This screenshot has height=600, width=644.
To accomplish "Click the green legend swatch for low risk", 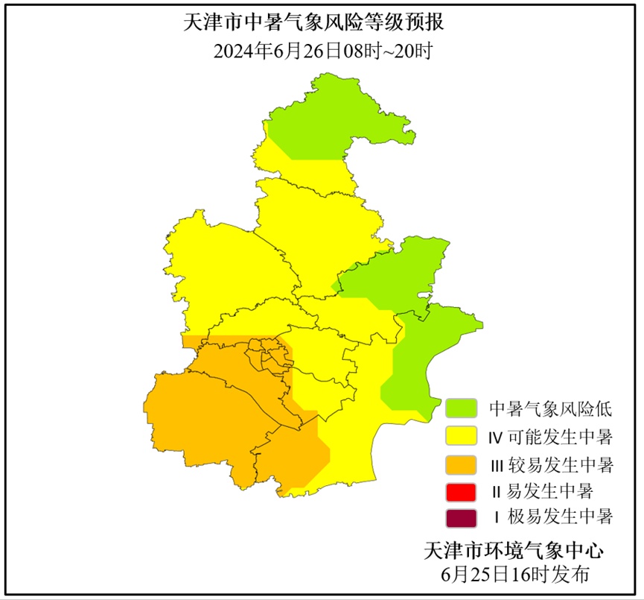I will click(x=461, y=408).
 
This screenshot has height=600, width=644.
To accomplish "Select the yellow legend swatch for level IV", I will click(x=461, y=435).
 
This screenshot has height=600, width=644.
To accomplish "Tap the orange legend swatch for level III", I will click(x=461, y=464).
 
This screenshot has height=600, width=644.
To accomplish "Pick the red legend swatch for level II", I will click(x=461, y=491).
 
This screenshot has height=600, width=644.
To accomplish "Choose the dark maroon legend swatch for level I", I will click(x=461, y=518).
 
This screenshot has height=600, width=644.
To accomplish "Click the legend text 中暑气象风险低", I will click(x=550, y=408).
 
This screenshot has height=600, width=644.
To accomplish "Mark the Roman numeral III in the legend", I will click(x=497, y=465).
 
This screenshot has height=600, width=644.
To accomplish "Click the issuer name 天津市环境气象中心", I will click(x=513, y=552).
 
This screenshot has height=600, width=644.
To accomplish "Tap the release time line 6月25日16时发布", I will click(x=514, y=575).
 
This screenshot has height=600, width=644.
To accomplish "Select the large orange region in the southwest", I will click(x=201, y=417).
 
